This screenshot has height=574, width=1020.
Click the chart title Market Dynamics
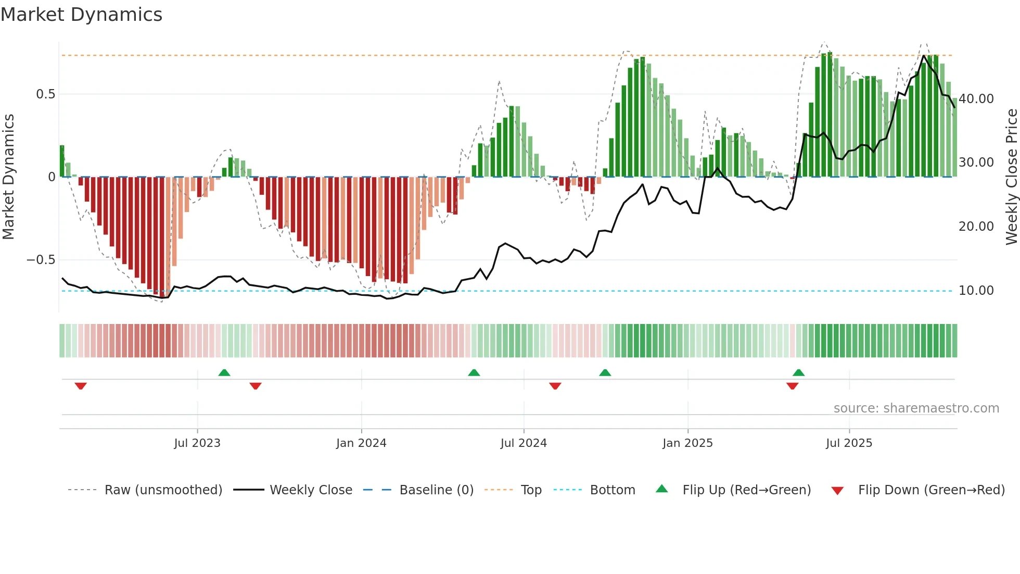[82, 15]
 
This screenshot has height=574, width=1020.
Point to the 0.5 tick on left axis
[45, 94]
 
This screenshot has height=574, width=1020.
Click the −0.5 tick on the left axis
[41, 260]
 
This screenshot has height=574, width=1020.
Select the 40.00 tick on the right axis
[976, 99]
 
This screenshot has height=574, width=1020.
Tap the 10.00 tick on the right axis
[976, 291]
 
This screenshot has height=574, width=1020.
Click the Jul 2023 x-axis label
[197, 443]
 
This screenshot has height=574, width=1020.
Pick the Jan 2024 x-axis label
[361, 443]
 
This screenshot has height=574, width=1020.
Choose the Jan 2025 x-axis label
[687, 443]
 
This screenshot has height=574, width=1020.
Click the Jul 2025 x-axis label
[849, 443]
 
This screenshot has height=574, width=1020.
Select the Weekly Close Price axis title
[1011, 177]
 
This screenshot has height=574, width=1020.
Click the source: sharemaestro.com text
[916, 408]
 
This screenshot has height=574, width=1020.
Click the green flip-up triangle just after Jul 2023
[224, 373]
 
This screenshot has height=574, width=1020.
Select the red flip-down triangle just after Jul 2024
[555, 386]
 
